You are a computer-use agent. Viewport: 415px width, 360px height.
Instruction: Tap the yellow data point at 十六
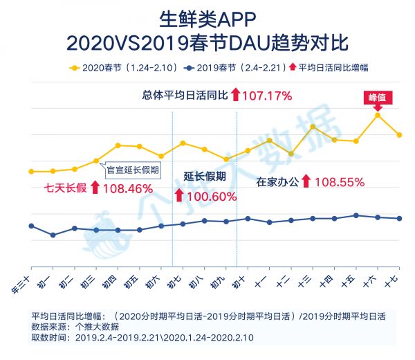[x=378, y=114]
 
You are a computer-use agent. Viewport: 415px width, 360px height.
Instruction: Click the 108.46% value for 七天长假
[x=127, y=187]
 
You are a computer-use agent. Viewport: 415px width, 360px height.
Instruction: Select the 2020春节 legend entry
[x=101, y=67]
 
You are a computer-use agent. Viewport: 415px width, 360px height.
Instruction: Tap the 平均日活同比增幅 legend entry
[x=339, y=67]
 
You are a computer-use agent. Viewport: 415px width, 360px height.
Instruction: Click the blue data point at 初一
[x=53, y=235]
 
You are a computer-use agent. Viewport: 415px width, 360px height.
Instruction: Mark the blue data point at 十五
[x=356, y=215]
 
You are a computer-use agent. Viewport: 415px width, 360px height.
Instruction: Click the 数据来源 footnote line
[x=75, y=326]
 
